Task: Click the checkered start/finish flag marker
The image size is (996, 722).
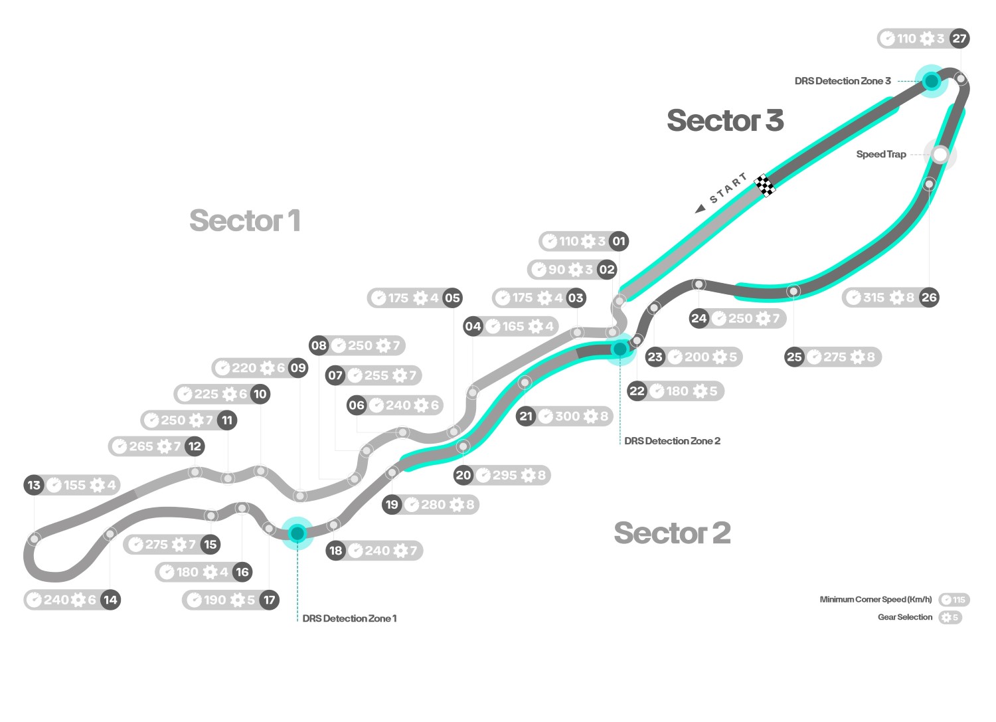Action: pyautogui.click(x=765, y=185)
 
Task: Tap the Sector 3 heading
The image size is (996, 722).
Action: pyautogui.click(x=725, y=121)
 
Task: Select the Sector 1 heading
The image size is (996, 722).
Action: pyautogui.click(x=244, y=221)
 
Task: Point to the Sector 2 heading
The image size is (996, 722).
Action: pyautogui.click(x=672, y=533)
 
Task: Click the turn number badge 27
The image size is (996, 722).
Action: pyautogui.click(x=959, y=39)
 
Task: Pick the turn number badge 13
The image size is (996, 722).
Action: pyautogui.click(x=34, y=485)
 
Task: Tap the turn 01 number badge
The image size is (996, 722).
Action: pyautogui.click(x=619, y=241)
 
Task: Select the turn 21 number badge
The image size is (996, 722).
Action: pyautogui.click(x=526, y=416)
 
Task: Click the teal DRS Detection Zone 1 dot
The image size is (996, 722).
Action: pyautogui.click(x=297, y=533)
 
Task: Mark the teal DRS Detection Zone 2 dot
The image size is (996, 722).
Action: pyautogui.click(x=620, y=349)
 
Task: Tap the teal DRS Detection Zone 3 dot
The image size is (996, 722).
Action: pyautogui.click(x=931, y=81)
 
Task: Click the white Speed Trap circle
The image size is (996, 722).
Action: pyautogui.click(x=940, y=155)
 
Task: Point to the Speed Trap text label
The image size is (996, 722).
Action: pyautogui.click(x=880, y=155)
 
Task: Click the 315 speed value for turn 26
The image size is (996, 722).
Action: pyautogui.click(x=874, y=298)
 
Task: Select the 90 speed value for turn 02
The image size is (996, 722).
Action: pyautogui.click(x=556, y=270)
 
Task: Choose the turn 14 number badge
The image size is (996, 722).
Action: pyautogui.click(x=110, y=600)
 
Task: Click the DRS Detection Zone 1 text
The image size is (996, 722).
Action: pyautogui.click(x=349, y=618)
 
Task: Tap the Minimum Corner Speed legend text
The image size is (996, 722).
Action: pyautogui.click(x=875, y=600)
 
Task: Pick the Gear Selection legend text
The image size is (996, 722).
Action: pyautogui.click(x=904, y=617)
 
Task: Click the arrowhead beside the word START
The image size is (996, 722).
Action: pyautogui.click(x=700, y=209)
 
